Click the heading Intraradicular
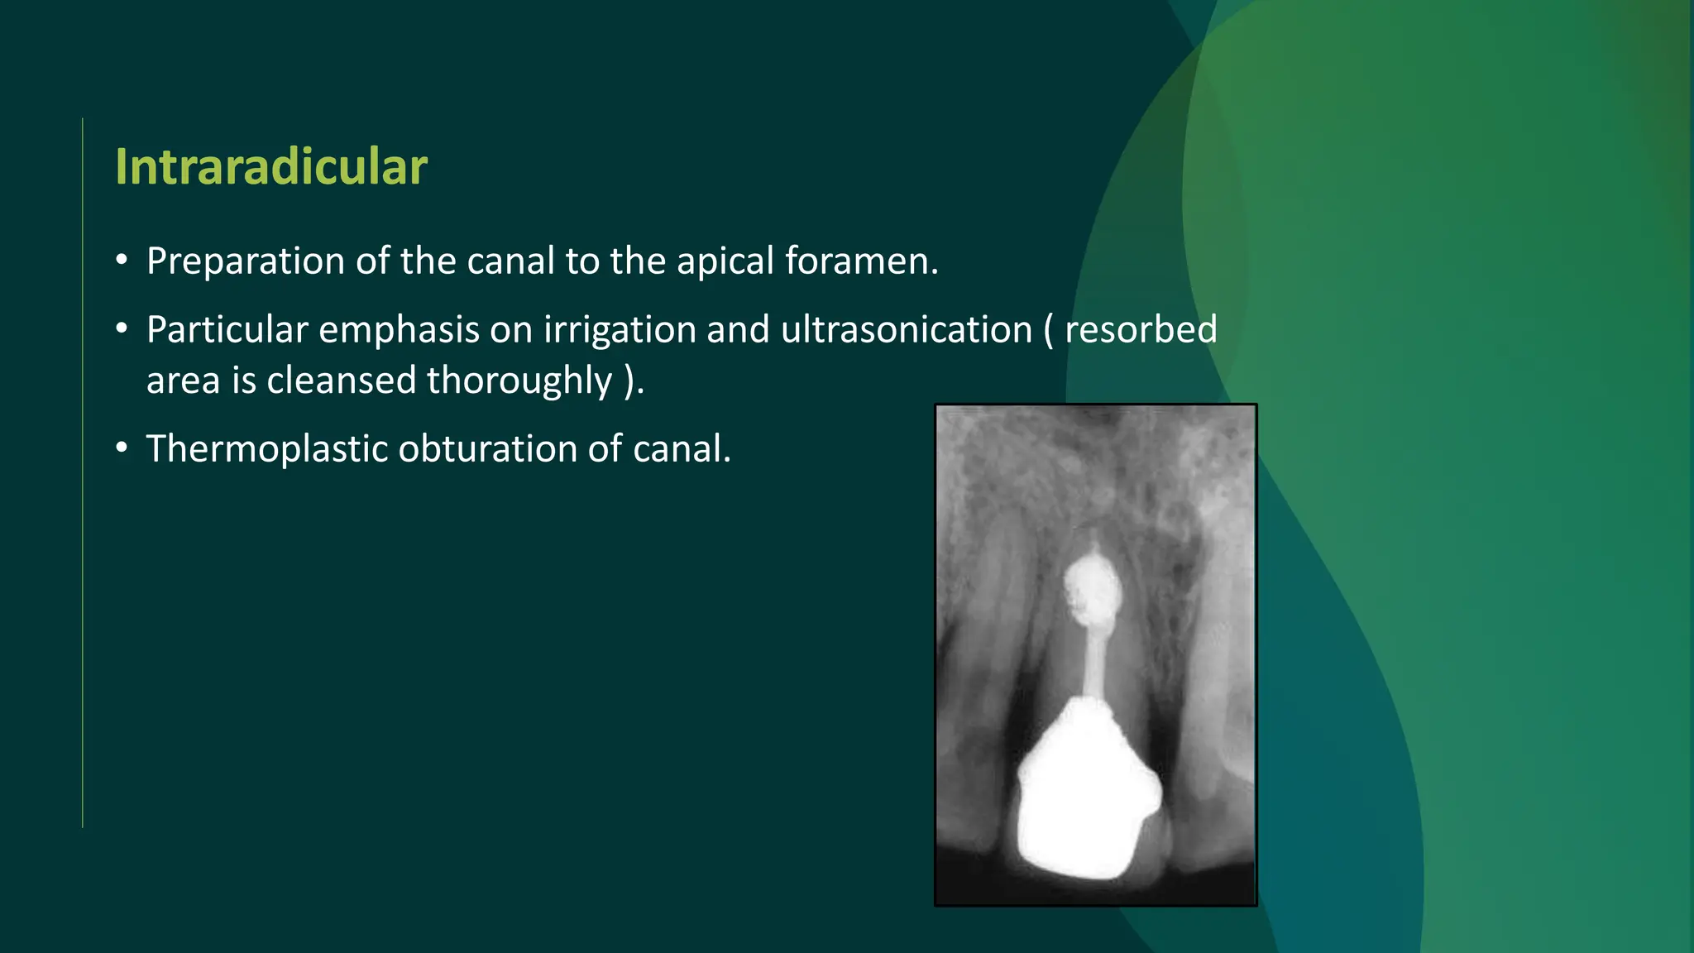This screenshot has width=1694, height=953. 270,167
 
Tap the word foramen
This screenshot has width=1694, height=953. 861,261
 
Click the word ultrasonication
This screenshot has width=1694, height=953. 907,330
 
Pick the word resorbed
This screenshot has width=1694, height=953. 1141,330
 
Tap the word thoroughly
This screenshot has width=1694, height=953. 519,381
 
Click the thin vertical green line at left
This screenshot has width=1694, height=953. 83,472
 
